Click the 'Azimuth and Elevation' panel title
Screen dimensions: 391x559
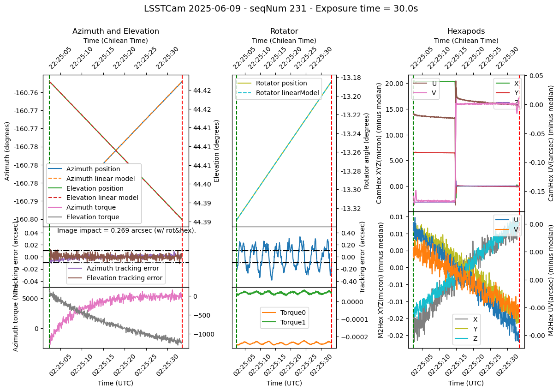click(116, 31)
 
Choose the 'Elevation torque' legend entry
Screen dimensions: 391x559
click(92, 217)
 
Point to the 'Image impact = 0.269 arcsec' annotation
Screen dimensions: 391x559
click(126, 230)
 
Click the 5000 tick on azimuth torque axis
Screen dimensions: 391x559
click(32, 299)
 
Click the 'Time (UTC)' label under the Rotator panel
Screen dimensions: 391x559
click(284, 383)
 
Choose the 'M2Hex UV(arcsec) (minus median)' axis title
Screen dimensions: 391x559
click(551, 280)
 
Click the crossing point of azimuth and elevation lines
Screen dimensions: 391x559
click(115, 150)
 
